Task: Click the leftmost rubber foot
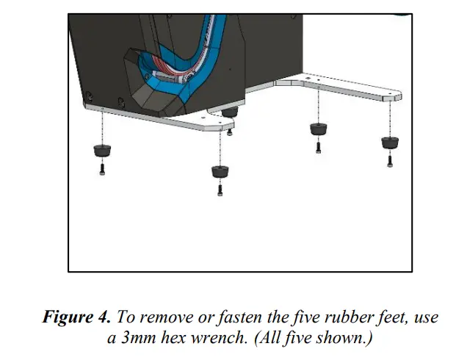tap(101, 152)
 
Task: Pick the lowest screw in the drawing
tap(220, 190)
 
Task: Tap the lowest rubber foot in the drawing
tap(220, 171)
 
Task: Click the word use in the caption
tap(427, 317)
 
